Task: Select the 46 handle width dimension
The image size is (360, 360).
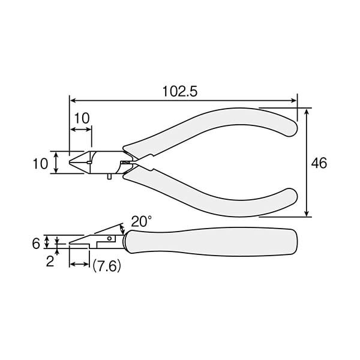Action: tap(319, 163)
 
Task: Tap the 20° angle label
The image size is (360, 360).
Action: tap(142, 221)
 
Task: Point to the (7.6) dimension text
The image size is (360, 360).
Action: tap(106, 265)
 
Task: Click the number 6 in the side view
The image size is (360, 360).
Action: tap(35, 243)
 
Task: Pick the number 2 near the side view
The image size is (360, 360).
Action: tap(50, 262)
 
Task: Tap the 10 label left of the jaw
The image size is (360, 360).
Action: tap(40, 163)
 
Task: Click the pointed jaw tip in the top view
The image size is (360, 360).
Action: tap(71, 162)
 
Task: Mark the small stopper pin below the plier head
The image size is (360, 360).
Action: tap(109, 176)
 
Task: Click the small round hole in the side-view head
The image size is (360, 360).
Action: tap(110, 238)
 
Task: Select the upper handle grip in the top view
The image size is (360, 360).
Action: tap(216, 126)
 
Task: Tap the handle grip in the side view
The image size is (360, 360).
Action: tap(210, 241)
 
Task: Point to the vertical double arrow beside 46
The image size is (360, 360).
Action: tap(307, 163)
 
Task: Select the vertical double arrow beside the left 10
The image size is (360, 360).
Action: tap(56, 163)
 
